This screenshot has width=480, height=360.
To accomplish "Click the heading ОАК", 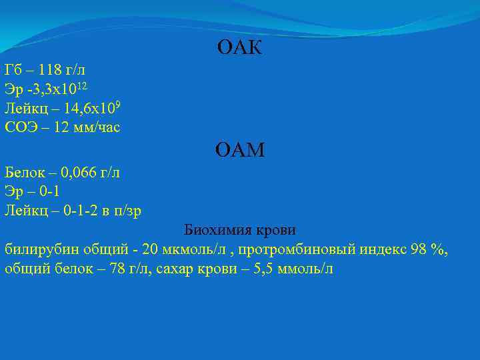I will tap(240, 48).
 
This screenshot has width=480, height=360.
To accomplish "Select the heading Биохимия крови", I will tap(240, 231).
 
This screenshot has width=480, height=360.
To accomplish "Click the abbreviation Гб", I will tap(13, 70).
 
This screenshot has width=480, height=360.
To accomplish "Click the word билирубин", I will tap(37, 250).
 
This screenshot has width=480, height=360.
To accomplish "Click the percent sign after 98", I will tap(437, 250).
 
